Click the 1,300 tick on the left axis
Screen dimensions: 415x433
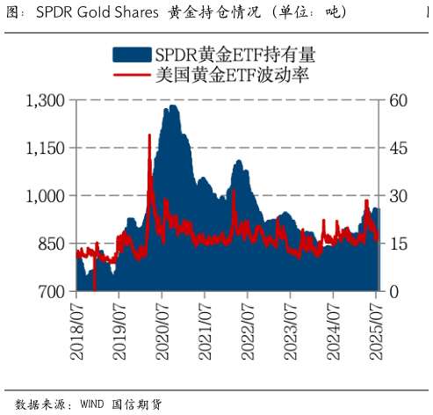[45, 100]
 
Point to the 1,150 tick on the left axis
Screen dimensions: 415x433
[45, 148]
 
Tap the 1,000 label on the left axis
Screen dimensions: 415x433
[45, 195]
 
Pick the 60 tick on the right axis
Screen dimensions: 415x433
[399, 100]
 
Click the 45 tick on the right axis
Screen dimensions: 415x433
[399, 148]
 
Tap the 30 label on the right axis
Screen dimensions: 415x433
[399, 195]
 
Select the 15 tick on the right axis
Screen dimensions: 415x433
[399, 244]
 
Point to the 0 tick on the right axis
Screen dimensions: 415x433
[394, 291]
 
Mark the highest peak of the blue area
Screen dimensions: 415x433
[173, 106]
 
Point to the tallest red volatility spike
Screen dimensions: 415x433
[149, 135]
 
